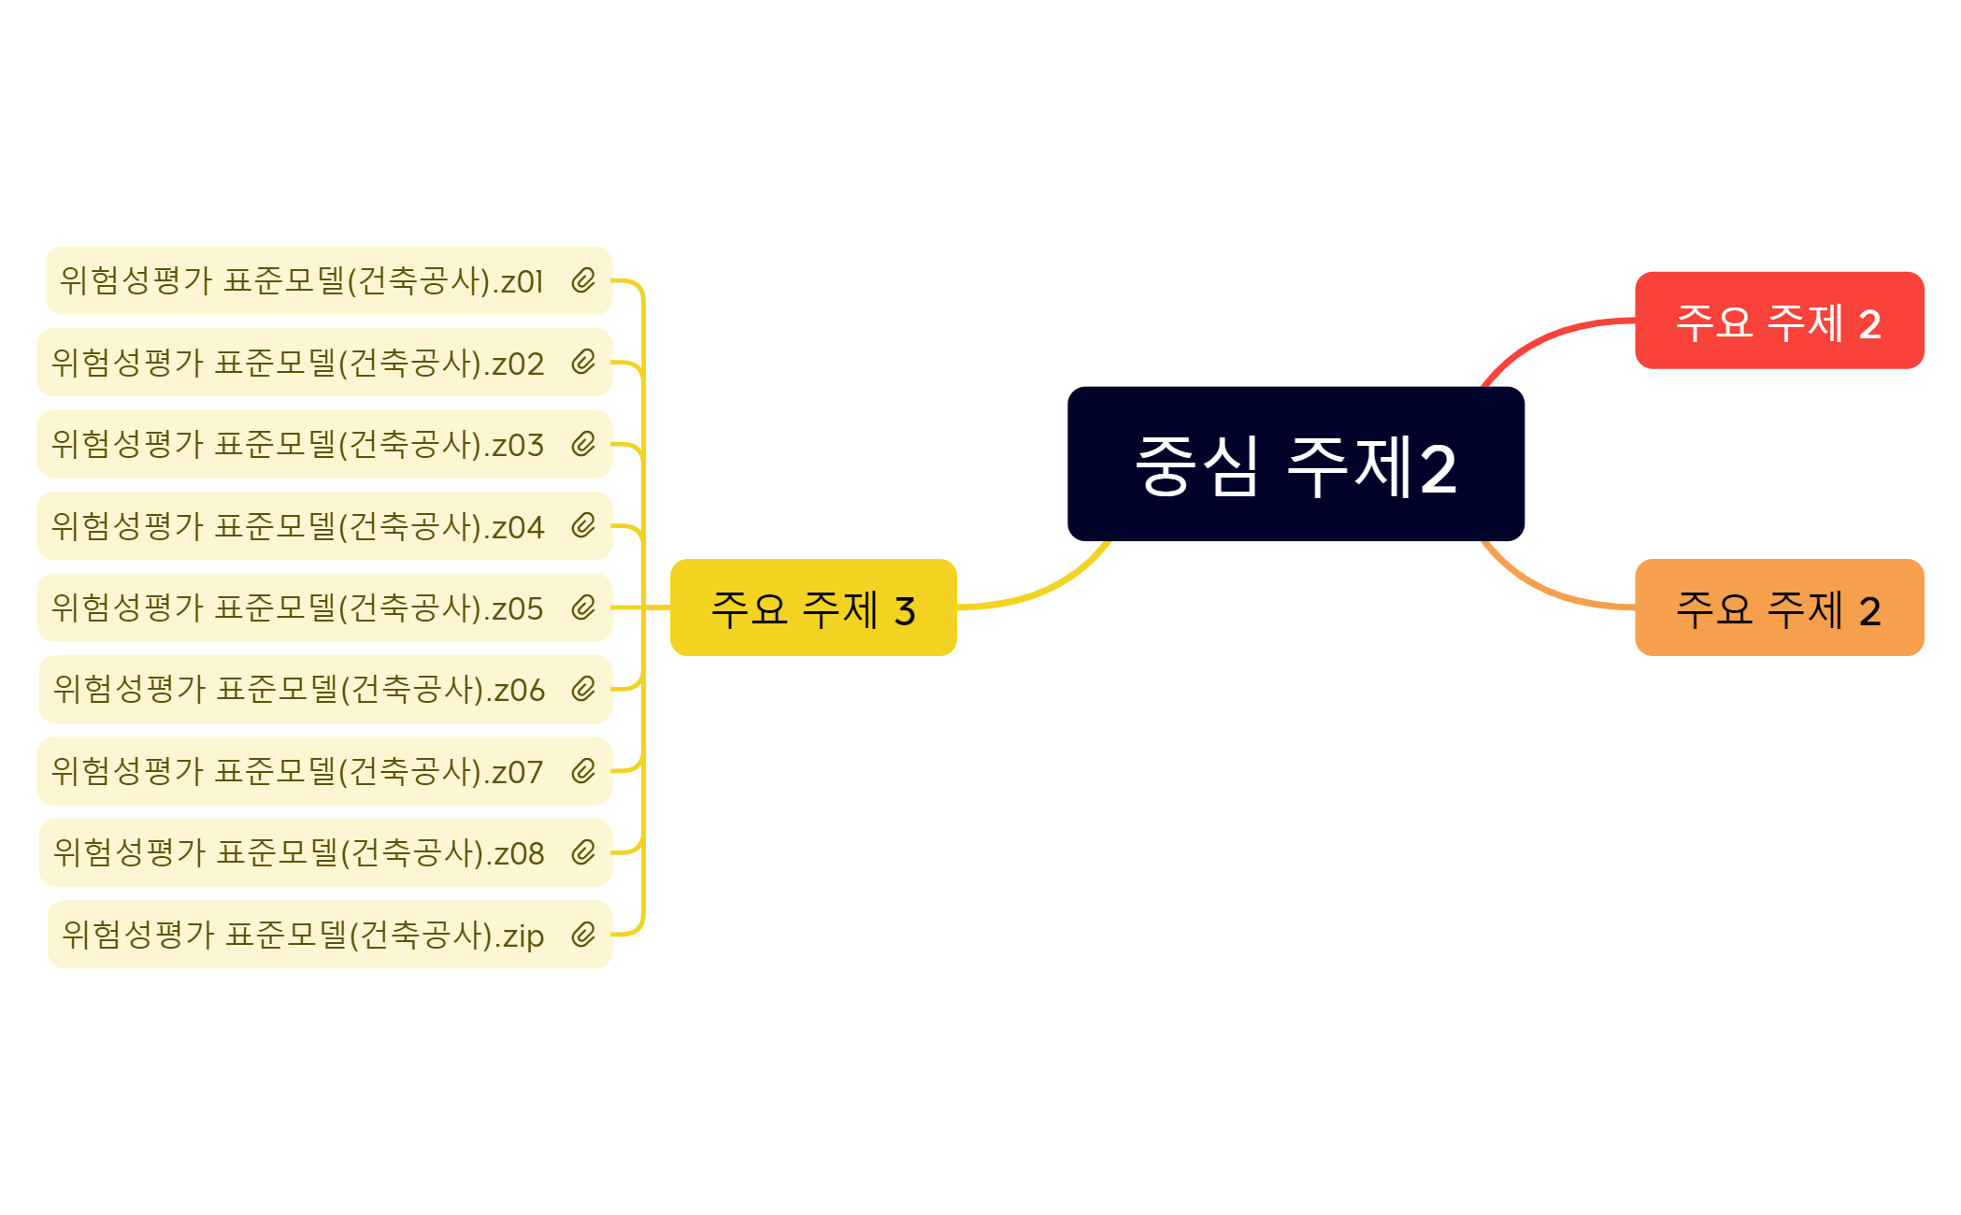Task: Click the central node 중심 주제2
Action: click(1295, 464)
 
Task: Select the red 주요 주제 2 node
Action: click(1779, 321)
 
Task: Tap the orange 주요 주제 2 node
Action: click(1779, 607)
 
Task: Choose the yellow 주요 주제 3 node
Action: click(813, 607)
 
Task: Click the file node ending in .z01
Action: click(329, 280)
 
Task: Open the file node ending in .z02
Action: click(324, 363)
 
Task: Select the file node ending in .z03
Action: click(324, 444)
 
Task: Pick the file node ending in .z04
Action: click(324, 526)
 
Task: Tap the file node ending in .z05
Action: click(324, 607)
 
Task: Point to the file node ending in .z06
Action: click(325, 690)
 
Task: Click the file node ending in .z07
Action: click(324, 771)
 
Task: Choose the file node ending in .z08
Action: click(325, 853)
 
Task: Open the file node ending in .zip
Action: click(330, 935)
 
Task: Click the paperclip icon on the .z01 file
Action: click(583, 280)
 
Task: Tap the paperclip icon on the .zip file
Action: click(583, 935)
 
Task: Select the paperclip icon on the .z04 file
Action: click(583, 526)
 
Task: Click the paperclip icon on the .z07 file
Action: click(583, 771)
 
